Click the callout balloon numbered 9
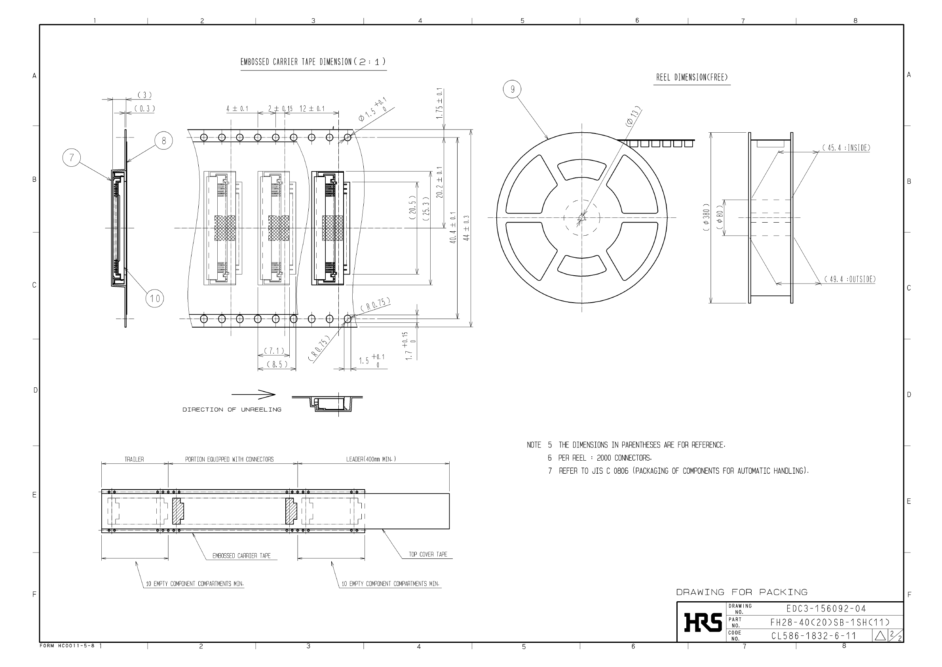(x=512, y=89)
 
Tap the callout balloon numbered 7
(x=71, y=158)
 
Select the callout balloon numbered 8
(x=164, y=141)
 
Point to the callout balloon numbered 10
(x=155, y=298)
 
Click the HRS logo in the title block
(x=703, y=622)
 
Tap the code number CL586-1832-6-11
(x=813, y=636)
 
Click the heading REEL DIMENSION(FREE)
(x=691, y=77)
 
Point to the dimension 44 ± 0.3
(x=466, y=228)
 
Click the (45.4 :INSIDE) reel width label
(x=846, y=148)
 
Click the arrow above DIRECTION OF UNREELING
(x=253, y=395)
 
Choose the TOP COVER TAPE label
(x=428, y=554)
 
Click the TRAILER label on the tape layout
(x=134, y=459)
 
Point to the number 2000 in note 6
(x=604, y=458)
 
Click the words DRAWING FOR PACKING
(x=742, y=592)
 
